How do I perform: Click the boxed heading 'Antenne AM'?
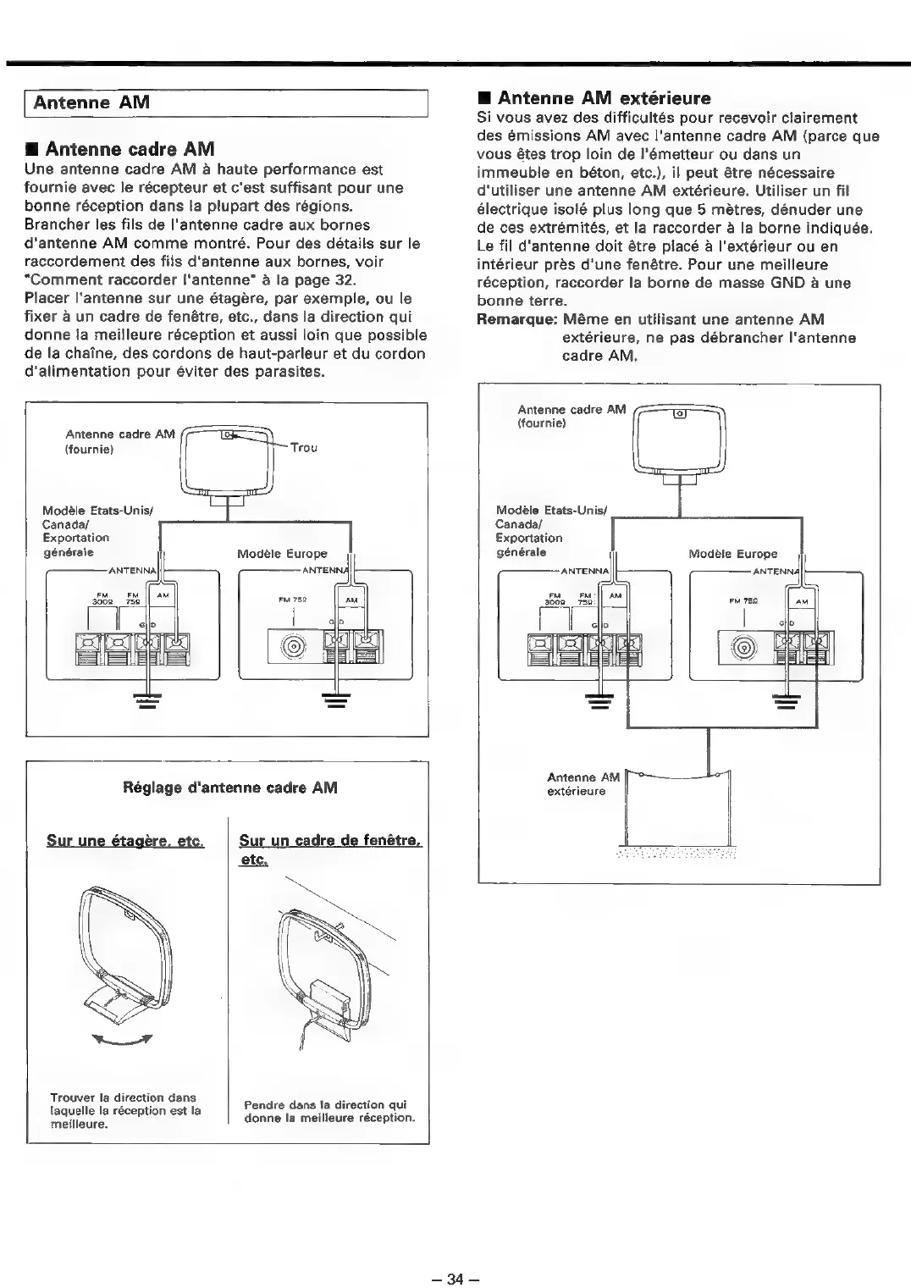click(91, 103)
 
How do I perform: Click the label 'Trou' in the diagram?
click(303, 447)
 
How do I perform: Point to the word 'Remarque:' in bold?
click(515, 319)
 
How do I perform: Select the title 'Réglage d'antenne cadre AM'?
click(230, 788)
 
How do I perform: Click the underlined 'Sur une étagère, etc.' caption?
click(125, 841)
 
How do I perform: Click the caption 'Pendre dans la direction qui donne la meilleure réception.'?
click(329, 1111)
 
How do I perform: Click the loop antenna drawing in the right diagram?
click(680, 442)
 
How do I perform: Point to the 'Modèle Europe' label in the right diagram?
click(732, 554)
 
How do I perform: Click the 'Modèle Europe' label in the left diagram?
click(282, 554)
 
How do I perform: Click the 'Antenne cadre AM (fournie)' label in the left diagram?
click(120, 441)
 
